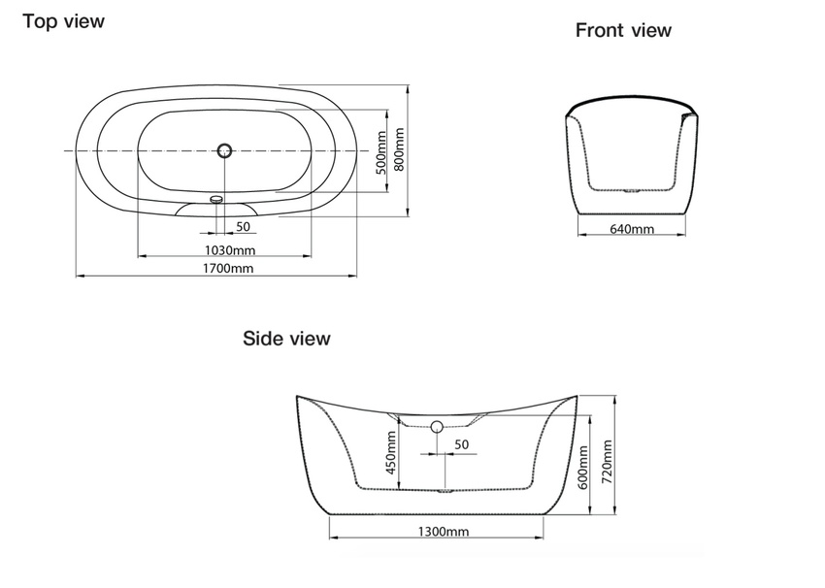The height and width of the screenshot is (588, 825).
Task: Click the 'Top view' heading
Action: [x=64, y=21]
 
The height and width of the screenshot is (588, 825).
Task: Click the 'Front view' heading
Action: [x=623, y=30]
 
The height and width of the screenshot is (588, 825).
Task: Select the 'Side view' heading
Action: [x=286, y=339]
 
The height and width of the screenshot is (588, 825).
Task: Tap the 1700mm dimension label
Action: [x=228, y=268]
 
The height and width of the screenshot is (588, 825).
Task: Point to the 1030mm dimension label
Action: [x=230, y=249]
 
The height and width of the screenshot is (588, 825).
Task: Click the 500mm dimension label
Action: [x=382, y=152]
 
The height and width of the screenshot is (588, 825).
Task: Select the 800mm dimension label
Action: [x=399, y=149]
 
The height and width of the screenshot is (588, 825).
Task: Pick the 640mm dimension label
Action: [x=632, y=229]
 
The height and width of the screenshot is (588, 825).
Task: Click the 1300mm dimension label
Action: [x=444, y=531]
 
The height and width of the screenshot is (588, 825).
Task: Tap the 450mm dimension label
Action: [x=391, y=453]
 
